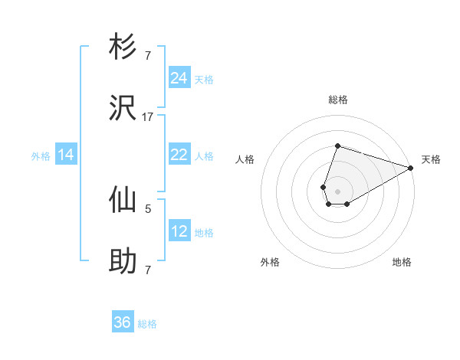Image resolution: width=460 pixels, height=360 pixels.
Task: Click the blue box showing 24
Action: [179, 78]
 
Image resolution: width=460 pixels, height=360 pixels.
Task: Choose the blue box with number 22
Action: [179, 155]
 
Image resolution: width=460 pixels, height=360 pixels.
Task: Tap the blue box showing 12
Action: [179, 231]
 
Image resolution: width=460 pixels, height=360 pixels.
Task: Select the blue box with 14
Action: [66, 155]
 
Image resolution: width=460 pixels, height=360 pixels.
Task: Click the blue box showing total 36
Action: [123, 322]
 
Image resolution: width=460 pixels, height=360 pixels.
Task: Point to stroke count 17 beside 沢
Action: [148, 117]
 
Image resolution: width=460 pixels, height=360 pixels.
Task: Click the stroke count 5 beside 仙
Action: [148, 208]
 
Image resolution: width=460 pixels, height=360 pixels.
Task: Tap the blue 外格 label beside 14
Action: [41, 155]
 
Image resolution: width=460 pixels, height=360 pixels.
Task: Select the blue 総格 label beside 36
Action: [147, 324]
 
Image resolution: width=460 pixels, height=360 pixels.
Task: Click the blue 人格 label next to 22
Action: [204, 155]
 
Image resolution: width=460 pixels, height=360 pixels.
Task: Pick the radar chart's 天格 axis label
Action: [431, 159]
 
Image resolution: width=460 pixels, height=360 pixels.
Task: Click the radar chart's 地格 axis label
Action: [402, 262]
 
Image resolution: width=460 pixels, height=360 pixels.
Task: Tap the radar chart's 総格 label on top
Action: [338, 100]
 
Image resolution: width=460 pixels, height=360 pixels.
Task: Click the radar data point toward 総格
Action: [337, 146]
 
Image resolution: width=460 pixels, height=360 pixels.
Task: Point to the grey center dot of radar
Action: [337, 191]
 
